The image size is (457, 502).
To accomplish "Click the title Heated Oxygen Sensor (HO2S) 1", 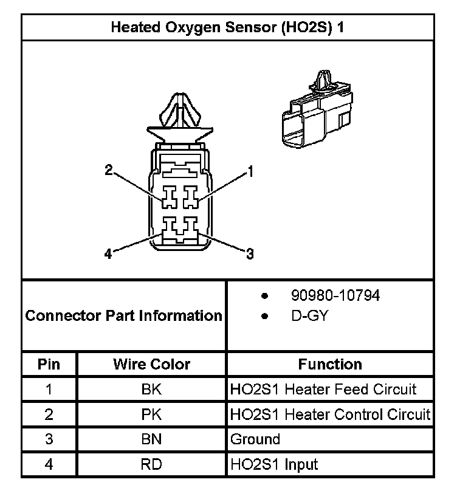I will [x=228, y=28].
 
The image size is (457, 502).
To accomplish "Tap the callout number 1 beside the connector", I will [x=250, y=172].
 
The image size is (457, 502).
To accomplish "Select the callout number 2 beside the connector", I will [x=109, y=171].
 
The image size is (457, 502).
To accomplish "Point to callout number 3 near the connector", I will [x=249, y=255].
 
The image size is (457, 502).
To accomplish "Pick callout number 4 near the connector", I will [x=108, y=255].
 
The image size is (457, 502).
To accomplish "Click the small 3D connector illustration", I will [x=316, y=112].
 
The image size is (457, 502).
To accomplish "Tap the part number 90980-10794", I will [x=335, y=296].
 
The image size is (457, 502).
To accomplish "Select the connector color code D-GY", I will [x=309, y=317].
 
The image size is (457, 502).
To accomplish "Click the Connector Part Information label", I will [x=124, y=316].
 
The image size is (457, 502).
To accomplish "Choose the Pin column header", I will [x=49, y=364].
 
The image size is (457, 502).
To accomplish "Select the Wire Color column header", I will [x=151, y=364].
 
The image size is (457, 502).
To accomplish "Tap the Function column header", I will [x=330, y=364].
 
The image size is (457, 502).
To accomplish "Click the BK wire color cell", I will [x=151, y=389].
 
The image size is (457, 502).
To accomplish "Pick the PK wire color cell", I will [x=151, y=414].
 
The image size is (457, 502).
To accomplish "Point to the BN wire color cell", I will [x=151, y=439].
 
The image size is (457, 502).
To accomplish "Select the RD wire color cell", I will [x=151, y=465].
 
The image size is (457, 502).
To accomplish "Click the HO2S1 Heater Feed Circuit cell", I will [x=323, y=389].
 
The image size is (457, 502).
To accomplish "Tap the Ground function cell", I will [x=255, y=439].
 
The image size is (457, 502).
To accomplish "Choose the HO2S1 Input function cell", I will [x=274, y=465].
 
